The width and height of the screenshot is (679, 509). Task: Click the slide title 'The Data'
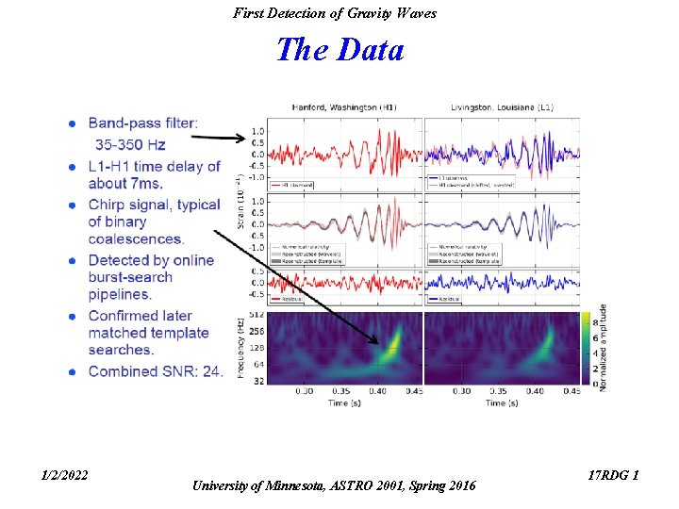(339, 49)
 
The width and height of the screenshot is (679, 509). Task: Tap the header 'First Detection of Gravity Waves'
(335, 13)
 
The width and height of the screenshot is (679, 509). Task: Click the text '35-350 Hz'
(129, 144)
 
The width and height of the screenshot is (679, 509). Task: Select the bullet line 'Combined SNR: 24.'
(156, 371)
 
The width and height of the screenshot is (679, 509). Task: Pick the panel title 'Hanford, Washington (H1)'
(343, 107)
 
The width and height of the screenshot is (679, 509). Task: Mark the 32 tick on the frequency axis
(258, 380)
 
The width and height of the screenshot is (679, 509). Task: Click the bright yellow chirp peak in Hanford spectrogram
(394, 334)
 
